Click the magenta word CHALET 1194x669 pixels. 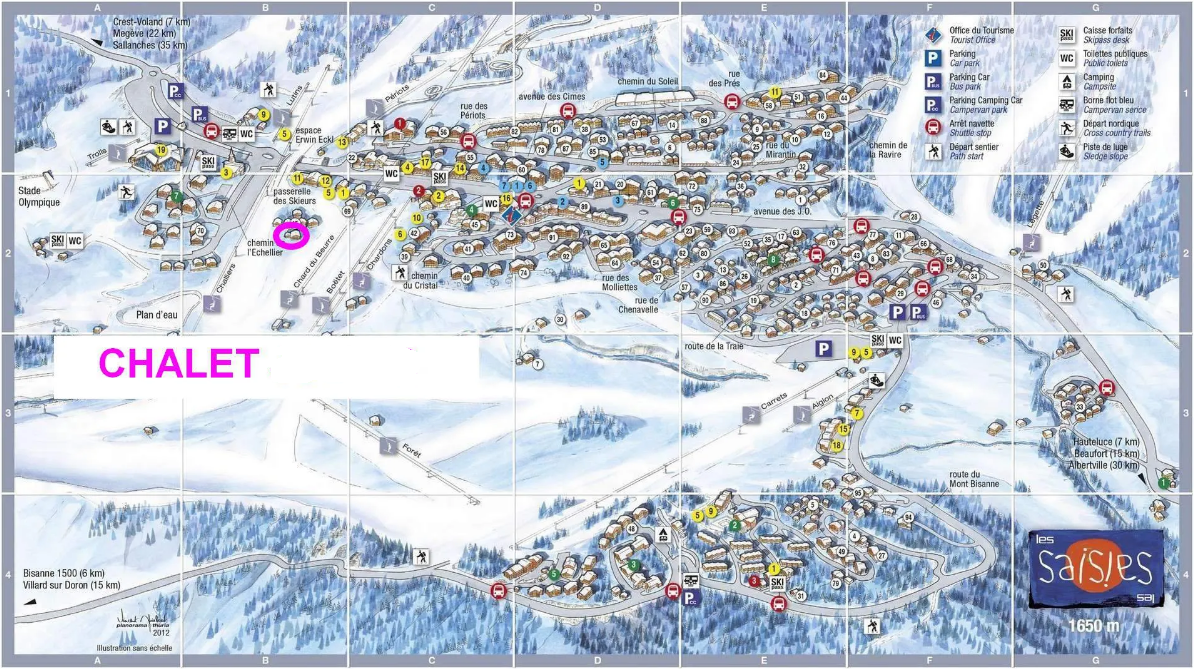(179, 364)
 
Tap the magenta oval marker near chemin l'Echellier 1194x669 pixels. (291, 236)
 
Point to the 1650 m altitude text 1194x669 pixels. (1098, 626)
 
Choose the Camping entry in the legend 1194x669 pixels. (1099, 81)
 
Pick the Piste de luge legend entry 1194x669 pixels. (1104, 151)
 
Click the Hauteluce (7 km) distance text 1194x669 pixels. (1103, 441)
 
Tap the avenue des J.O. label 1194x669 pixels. (781, 211)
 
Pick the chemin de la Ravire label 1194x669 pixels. (885, 150)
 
